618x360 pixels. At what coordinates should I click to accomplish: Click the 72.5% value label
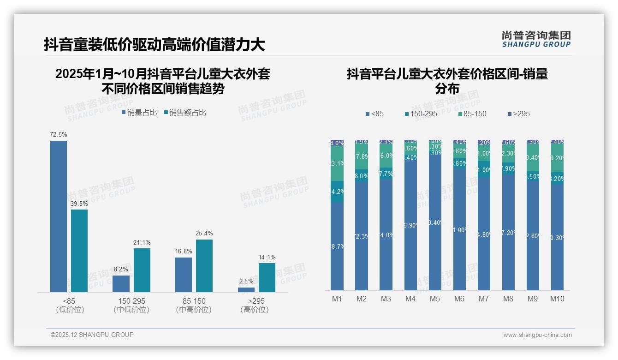[x=59, y=134]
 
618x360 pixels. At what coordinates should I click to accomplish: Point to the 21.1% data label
[x=142, y=242]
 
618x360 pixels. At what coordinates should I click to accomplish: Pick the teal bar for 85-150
[x=204, y=265]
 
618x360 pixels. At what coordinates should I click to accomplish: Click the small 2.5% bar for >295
[x=246, y=289]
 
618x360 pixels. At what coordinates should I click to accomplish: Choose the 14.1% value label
[x=267, y=257]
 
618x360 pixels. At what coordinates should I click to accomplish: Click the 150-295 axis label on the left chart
[x=131, y=301]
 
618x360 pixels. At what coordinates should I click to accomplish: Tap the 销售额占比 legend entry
[x=185, y=112]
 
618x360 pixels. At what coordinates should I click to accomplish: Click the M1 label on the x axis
[x=337, y=299]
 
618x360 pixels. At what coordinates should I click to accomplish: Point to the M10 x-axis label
[x=557, y=299]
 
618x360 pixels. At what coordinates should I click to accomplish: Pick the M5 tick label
[x=435, y=299]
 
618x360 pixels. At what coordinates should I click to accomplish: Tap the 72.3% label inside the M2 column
[x=362, y=236]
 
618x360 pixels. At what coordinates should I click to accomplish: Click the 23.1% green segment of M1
[x=337, y=164]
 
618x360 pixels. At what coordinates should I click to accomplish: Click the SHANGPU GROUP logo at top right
[x=536, y=39]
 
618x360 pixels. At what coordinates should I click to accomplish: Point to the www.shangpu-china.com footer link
[x=537, y=335]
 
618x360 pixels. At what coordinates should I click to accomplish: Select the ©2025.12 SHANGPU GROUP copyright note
[x=92, y=335]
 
